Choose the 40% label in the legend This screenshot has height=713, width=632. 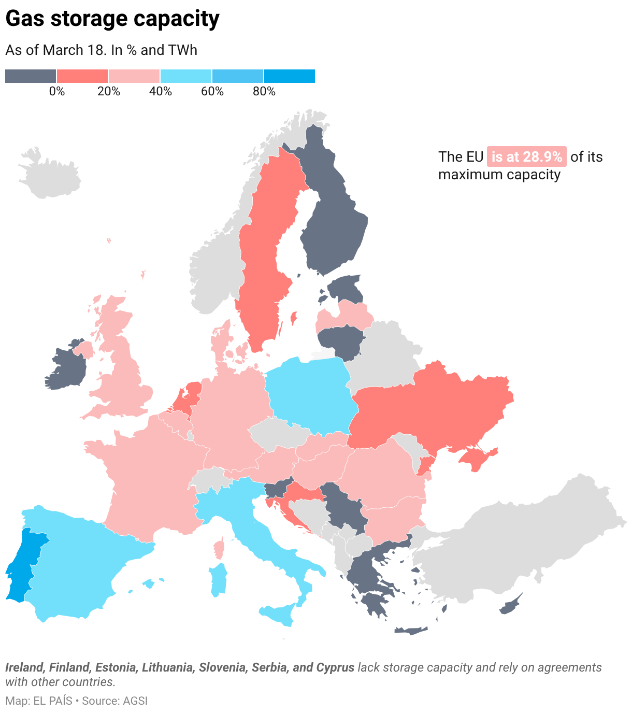161,92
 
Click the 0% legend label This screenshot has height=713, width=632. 57,92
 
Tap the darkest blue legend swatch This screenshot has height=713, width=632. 289,76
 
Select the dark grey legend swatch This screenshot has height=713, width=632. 31,76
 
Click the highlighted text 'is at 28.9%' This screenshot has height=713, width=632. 526,156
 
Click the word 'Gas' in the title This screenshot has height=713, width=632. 25,19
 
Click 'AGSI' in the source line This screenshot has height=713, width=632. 135,701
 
